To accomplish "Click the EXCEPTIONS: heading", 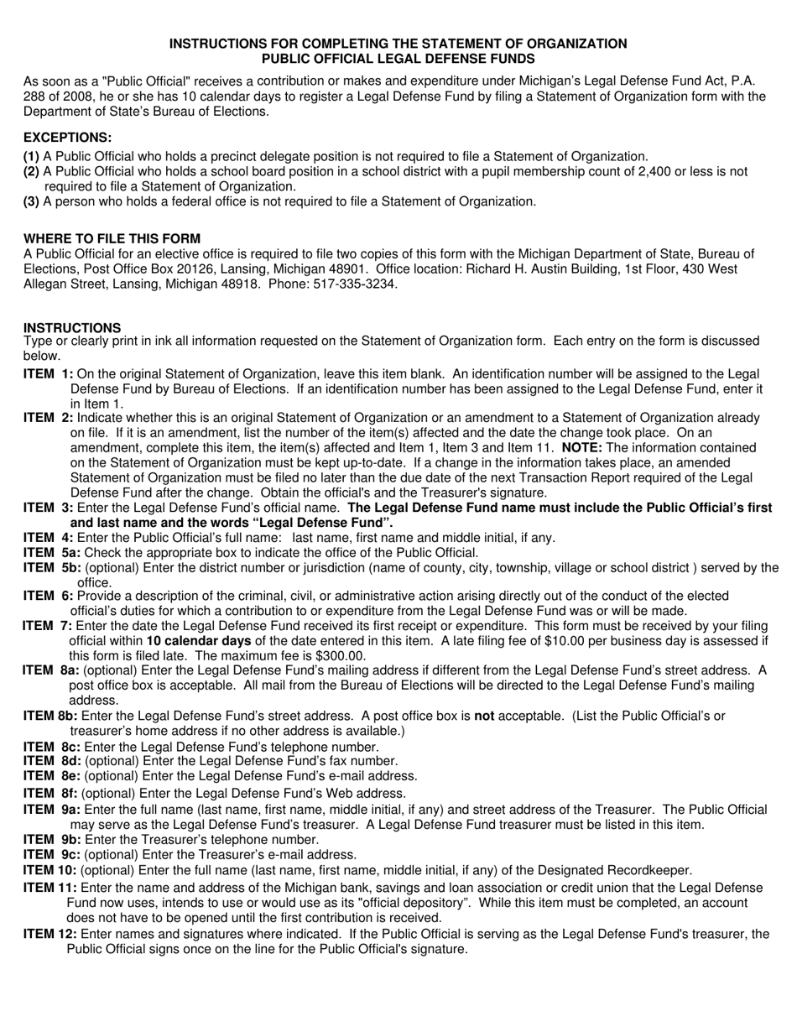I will (67, 137).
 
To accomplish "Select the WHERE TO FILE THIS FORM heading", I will (112, 238).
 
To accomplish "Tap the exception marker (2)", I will (31, 171).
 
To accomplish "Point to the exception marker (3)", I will (31, 201).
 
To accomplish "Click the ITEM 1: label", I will (48, 373).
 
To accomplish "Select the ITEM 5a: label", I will (52, 552).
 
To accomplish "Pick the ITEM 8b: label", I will (50, 716).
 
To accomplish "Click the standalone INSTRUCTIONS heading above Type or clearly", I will (72, 327).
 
